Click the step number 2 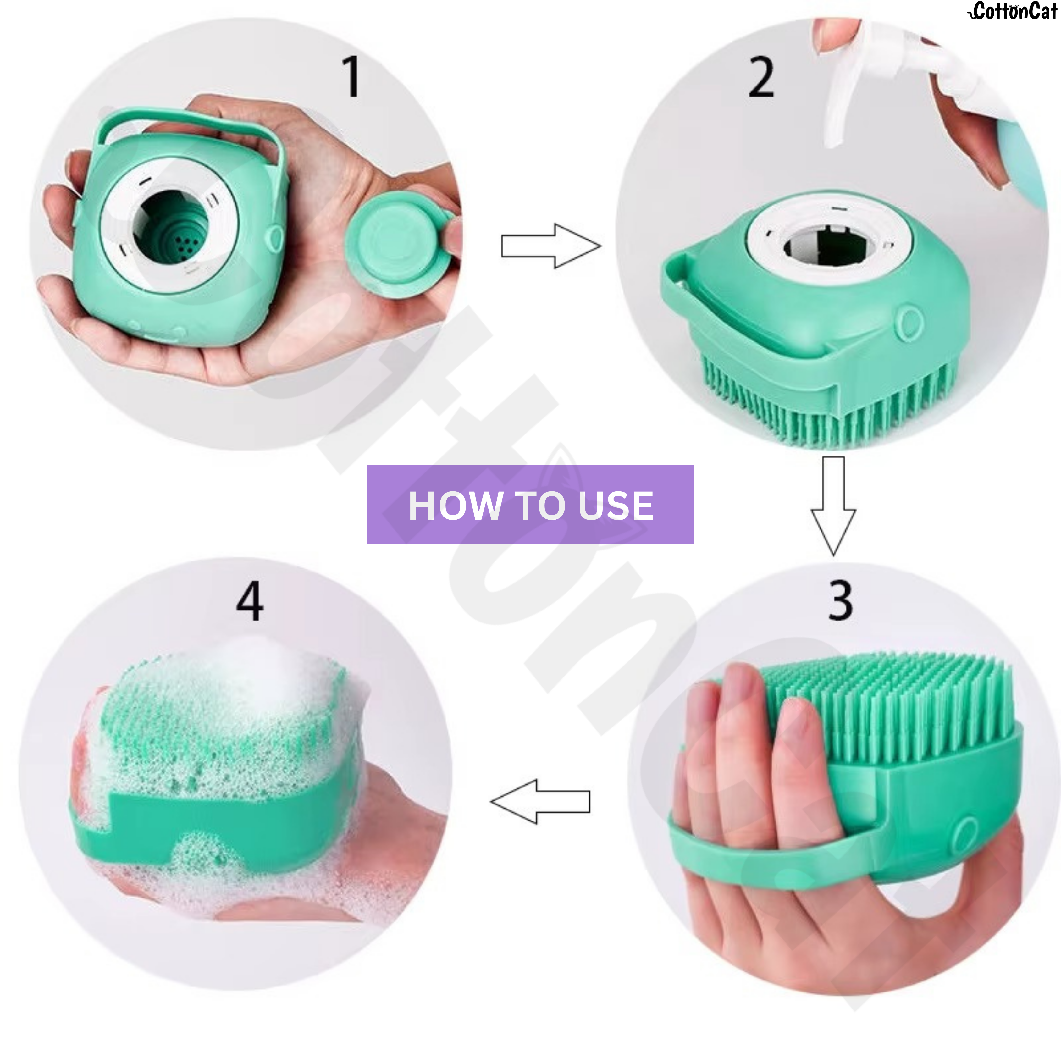tap(761, 79)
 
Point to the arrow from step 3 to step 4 tap(540, 801)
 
